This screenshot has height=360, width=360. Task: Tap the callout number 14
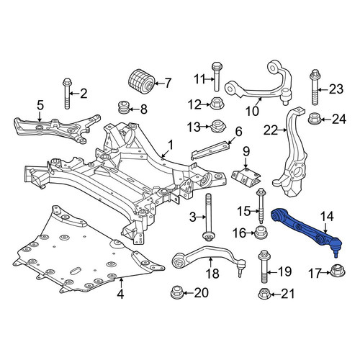(x=327, y=217)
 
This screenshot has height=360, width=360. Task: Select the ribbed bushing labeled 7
(x=140, y=81)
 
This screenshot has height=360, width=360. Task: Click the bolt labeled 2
(x=67, y=94)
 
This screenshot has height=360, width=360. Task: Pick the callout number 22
(x=271, y=131)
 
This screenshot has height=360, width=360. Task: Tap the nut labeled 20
(x=177, y=293)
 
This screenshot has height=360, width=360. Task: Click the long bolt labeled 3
(x=208, y=217)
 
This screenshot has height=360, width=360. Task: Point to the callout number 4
(x=120, y=294)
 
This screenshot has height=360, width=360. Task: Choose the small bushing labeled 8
(x=125, y=108)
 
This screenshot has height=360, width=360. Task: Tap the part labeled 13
(x=217, y=126)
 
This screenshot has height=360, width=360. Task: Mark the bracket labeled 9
(x=246, y=178)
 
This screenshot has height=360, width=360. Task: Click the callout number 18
(x=212, y=274)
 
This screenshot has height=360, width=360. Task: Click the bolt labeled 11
(x=217, y=76)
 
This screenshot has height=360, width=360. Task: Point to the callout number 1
(x=171, y=145)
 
